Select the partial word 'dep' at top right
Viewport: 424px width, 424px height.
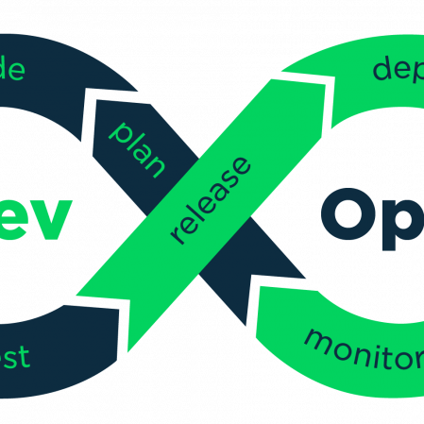397,71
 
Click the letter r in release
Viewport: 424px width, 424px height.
178,236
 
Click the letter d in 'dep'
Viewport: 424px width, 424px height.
382,68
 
